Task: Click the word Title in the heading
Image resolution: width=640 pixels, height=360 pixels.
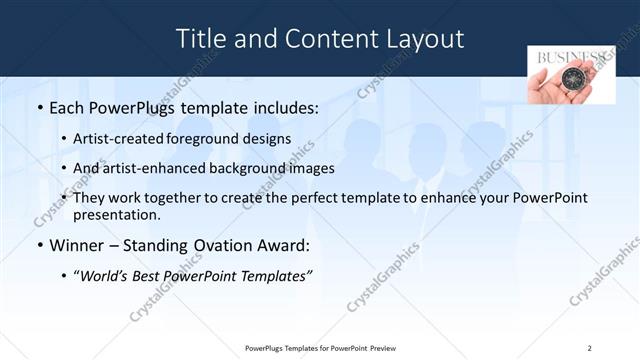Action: pyautogui.click(x=201, y=39)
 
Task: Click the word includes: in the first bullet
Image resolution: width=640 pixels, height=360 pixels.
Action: pyautogui.click(x=282, y=106)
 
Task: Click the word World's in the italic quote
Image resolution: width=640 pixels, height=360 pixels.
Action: pyautogui.click(x=105, y=276)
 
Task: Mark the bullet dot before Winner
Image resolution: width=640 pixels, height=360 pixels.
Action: pyautogui.click(x=39, y=246)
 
